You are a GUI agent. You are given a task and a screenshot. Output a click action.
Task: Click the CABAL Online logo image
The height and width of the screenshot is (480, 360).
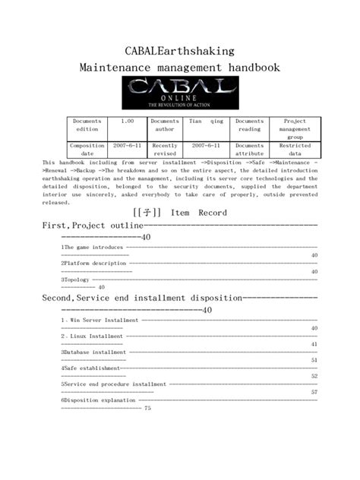[x=179, y=96]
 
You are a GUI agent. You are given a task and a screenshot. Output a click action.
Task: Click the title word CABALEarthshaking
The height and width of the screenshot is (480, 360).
[x=180, y=51]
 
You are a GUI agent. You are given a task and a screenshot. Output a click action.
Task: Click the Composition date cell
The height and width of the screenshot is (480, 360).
[x=87, y=150]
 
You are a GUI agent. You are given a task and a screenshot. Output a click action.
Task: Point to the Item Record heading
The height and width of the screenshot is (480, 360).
[x=180, y=213]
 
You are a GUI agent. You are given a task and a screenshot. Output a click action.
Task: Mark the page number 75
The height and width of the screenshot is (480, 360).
[x=147, y=409]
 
